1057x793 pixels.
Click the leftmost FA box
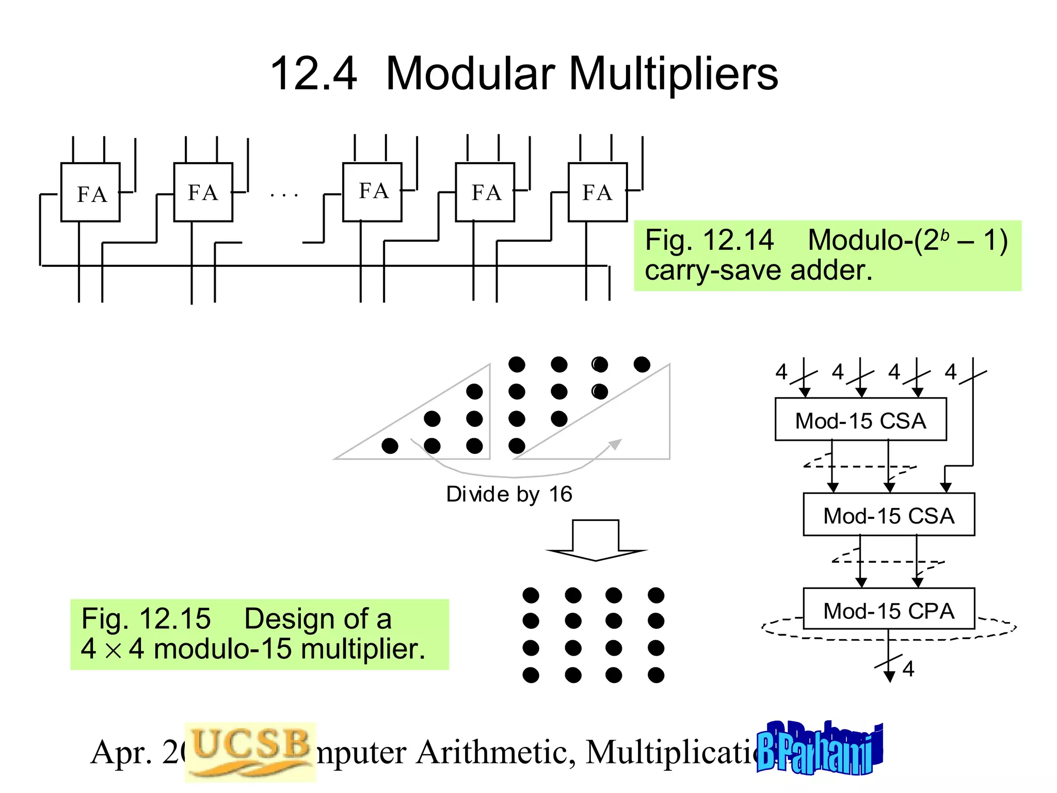pyautogui.click(x=90, y=193)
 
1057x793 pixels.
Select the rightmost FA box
pyautogui.click(x=598, y=192)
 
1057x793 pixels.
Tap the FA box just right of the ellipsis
pyautogui.click(x=372, y=192)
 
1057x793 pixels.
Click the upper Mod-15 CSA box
pyautogui.click(x=860, y=420)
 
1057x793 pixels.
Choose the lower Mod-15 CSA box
pyautogui.click(x=889, y=515)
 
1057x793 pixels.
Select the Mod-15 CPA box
pyautogui.click(x=889, y=610)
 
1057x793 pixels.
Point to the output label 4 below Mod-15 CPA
pyautogui.click(x=908, y=669)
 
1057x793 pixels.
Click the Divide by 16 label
pyautogui.click(x=509, y=495)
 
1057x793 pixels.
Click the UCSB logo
pyautogui.click(x=250, y=751)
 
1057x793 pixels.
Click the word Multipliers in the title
pyautogui.click(x=673, y=74)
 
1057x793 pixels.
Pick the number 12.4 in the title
pyautogui.click(x=313, y=74)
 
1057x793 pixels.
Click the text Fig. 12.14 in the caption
pyautogui.click(x=709, y=241)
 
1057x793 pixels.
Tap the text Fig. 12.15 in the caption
pyautogui.click(x=146, y=618)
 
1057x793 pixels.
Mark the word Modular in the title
pyautogui.click(x=470, y=74)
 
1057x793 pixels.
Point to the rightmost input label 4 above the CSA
pyautogui.click(x=951, y=372)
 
